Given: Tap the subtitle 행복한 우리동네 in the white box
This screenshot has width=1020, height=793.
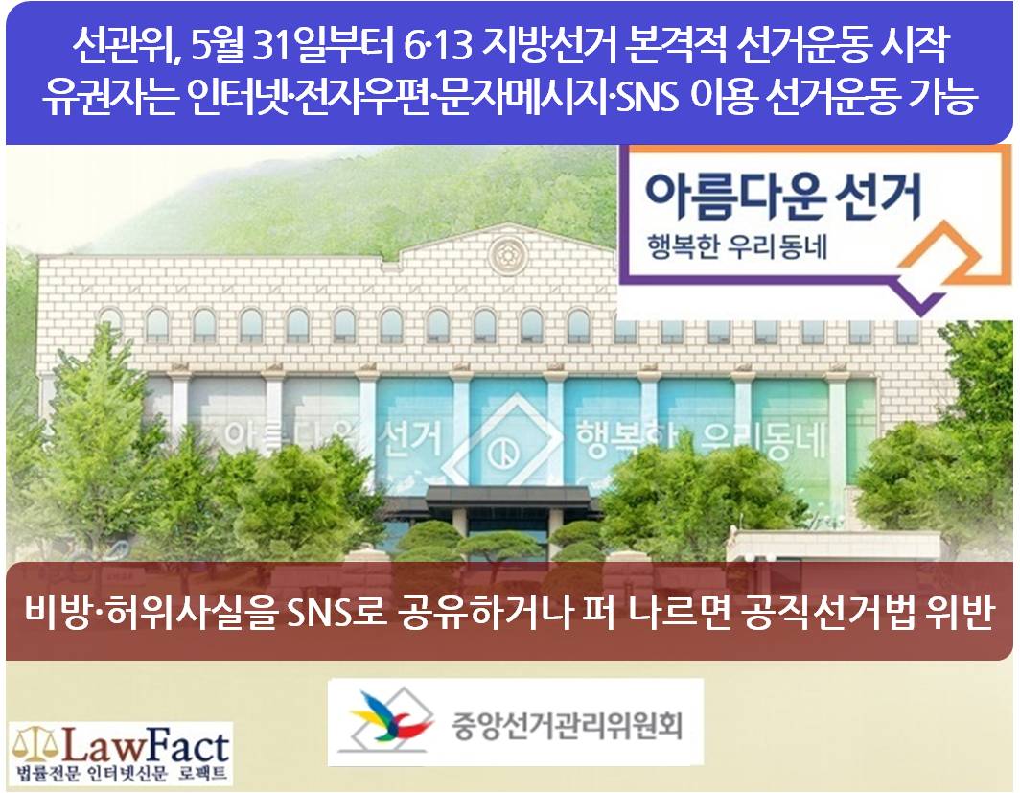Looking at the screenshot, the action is point(736,247).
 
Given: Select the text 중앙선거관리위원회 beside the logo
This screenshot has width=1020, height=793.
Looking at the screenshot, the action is point(568,724).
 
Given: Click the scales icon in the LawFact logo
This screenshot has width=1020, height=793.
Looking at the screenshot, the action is point(35,747).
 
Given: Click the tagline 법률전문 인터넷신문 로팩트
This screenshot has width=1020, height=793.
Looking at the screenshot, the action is point(121,774).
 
